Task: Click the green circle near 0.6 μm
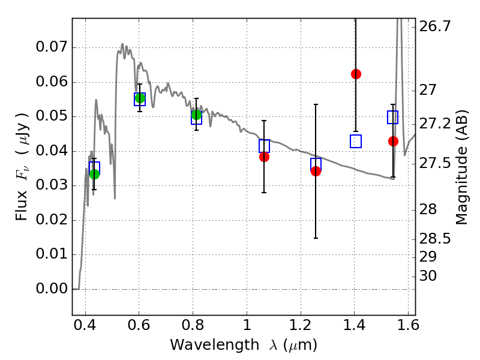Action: pyautogui.click(x=140, y=98)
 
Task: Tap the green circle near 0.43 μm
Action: pyautogui.click(x=95, y=174)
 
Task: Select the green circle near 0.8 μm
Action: pyautogui.click(x=197, y=115)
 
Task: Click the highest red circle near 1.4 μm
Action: pyautogui.click(x=356, y=74)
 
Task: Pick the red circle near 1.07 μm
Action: pyautogui.click(x=264, y=157)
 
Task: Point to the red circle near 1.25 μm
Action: pyautogui.click(x=316, y=171)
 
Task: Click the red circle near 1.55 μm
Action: pyautogui.click(x=394, y=141)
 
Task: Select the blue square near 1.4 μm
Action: pyautogui.click(x=356, y=141)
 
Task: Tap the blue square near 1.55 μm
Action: pyautogui.click(x=392, y=117)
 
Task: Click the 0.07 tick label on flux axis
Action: pyautogui.click(x=51, y=47)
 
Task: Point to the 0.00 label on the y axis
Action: pyautogui.click(x=51, y=289)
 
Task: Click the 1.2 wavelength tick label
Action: pyautogui.click(x=301, y=325)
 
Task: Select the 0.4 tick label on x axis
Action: pyautogui.click(x=85, y=325)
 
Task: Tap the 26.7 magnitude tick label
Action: pyautogui.click(x=435, y=26)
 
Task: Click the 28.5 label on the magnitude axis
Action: pyautogui.click(x=435, y=239)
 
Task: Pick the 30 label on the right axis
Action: pyautogui.click(x=428, y=276)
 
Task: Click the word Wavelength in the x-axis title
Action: pyautogui.click(x=215, y=345)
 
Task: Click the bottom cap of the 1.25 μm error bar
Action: pyautogui.click(x=316, y=238)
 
